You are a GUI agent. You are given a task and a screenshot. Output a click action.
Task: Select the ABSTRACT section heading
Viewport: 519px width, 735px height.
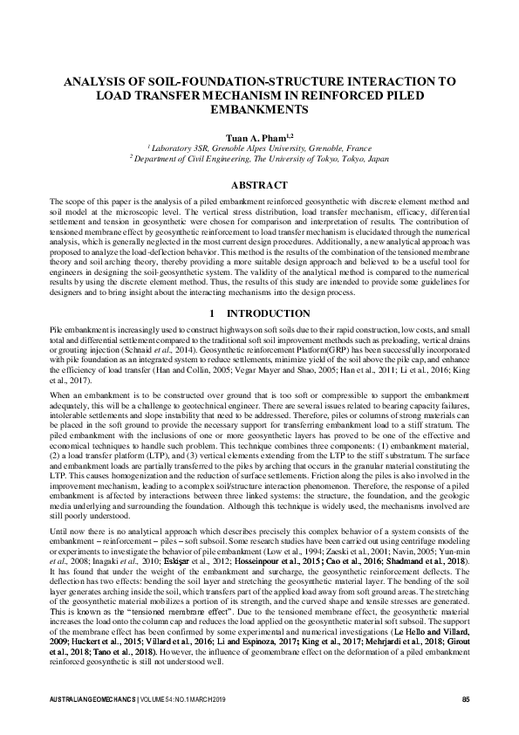(x=259, y=185)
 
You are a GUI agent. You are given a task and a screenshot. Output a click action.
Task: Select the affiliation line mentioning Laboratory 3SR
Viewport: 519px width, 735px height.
(x=259, y=149)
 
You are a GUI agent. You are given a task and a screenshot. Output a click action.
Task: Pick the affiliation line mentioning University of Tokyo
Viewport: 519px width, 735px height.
(x=259, y=160)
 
